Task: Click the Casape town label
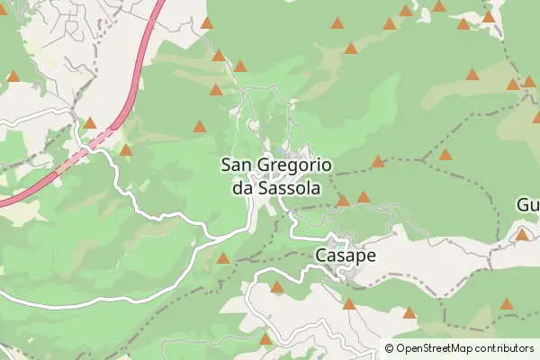pyautogui.click(x=345, y=256)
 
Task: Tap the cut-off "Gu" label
pyautogui.click(x=527, y=205)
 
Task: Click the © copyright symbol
pyautogui.click(x=390, y=347)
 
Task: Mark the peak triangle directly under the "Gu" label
pyautogui.click(x=522, y=235)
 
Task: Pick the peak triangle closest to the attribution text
pyautogui.click(x=410, y=313)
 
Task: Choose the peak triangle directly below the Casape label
pyautogui.click(x=349, y=303)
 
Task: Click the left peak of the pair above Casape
pyautogui.click(x=343, y=200)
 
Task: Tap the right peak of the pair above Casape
pyautogui.click(x=363, y=196)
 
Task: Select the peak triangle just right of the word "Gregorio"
pyautogui.click(x=378, y=162)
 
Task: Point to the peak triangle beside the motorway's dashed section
pyautogui.click(x=90, y=122)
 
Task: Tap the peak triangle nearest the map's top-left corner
pyautogui.click(x=13, y=76)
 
